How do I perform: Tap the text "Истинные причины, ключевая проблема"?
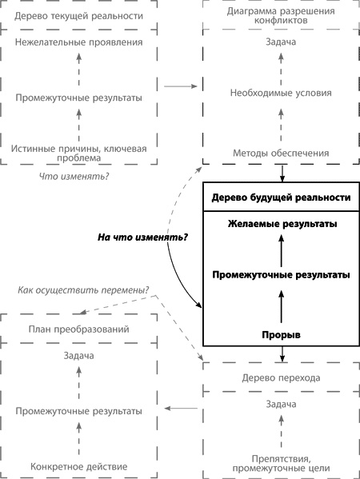click(78, 154)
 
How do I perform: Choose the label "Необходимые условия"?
click(281, 92)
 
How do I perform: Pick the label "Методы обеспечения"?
click(281, 153)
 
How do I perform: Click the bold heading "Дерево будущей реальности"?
click(281, 198)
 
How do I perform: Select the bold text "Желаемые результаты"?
click(281, 223)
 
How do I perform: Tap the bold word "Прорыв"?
click(281, 334)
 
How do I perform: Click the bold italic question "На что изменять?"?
click(137, 238)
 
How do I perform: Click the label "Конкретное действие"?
click(78, 466)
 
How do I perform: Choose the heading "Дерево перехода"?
click(281, 377)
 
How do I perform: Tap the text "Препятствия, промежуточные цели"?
click(281, 461)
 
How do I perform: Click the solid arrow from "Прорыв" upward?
click(281, 305)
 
